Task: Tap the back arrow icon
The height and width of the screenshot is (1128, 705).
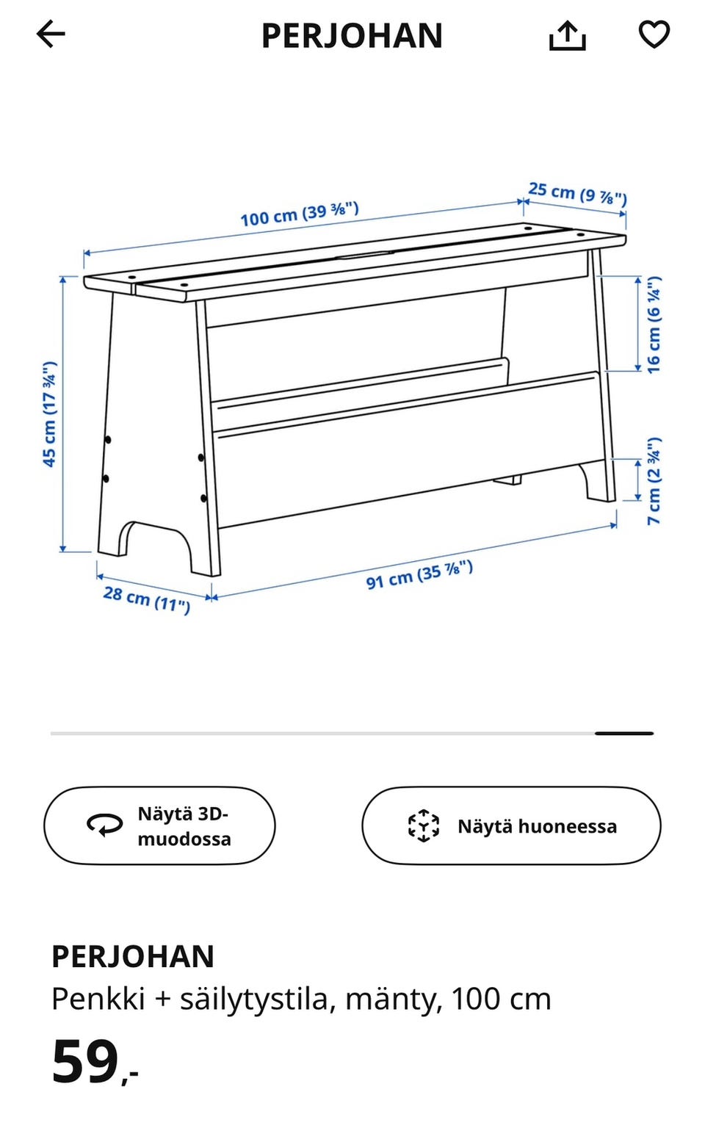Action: pyautogui.click(x=51, y=35)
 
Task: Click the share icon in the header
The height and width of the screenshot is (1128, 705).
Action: pyautogui.click(x=567, y=35)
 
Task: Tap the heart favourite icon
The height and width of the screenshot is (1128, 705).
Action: pyautogui.click(x=654, y=35)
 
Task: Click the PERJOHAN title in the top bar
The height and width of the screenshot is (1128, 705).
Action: pyautogui.click(x=352, y=36)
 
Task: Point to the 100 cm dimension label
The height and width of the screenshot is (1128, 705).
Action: pyautogui.click(x=300, y=214)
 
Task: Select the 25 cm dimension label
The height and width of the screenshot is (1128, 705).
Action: pyautogui.click(x=578, y=194)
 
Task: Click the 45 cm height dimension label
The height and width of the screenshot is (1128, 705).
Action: pyautogui.click(x=49, y=414)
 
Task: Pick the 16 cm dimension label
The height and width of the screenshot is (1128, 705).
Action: pyautogui.click(x=653, y=325)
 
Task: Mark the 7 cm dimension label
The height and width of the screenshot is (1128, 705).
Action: pyautogui.click(x=654, y=482)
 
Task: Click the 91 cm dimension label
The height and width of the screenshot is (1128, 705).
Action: pyautogui.click(x=419, y=575)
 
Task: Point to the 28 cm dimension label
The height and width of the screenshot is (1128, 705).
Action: pyautogui.click(x=147, y=600)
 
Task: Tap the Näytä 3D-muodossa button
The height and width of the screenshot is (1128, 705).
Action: pyautogui.click(x=159, y=826)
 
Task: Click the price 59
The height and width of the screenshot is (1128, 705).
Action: pyautogui.click(x=86, y=1061)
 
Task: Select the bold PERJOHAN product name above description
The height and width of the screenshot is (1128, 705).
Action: pyautogui.click(x=133, y=956)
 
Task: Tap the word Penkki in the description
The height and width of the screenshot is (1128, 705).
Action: pyautogui.click(x=98, y=999)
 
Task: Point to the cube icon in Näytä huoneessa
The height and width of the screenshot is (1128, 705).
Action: pyautogui.click(x=423, y=826)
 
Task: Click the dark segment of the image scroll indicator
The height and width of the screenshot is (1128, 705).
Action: pyautogui.click(x=624, y=733)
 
